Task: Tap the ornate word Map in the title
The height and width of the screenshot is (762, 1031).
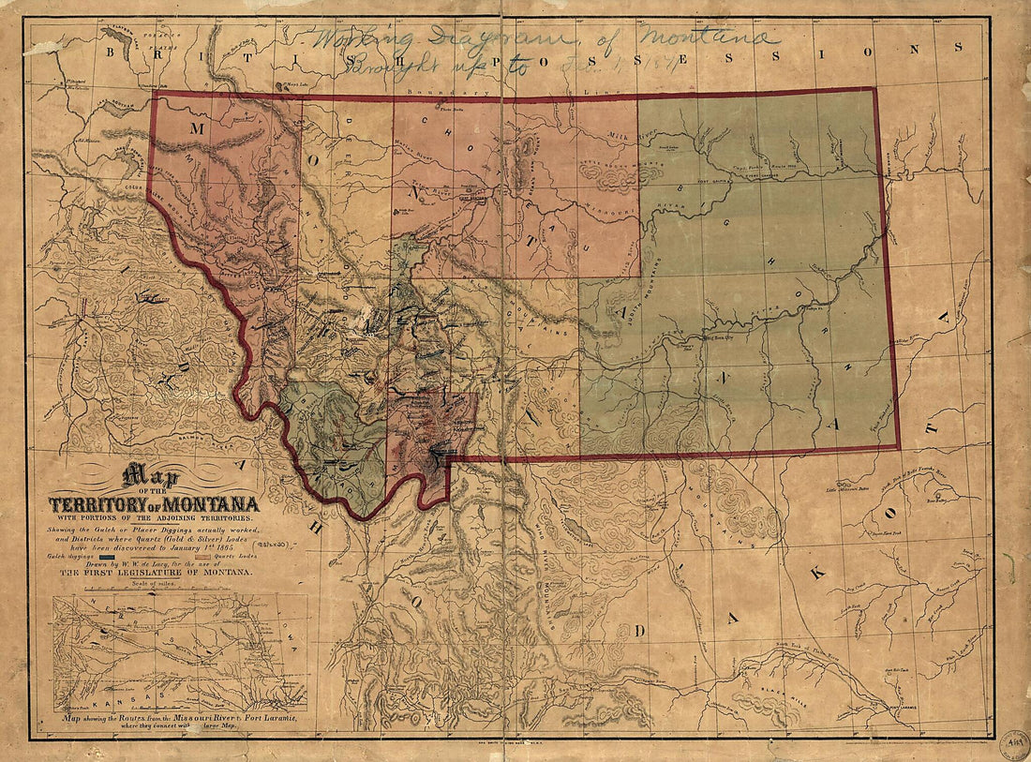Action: tap(155, 473)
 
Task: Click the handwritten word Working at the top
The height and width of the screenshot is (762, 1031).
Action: tap(355, 40)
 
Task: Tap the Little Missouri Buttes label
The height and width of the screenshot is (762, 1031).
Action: tap(848, 489)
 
